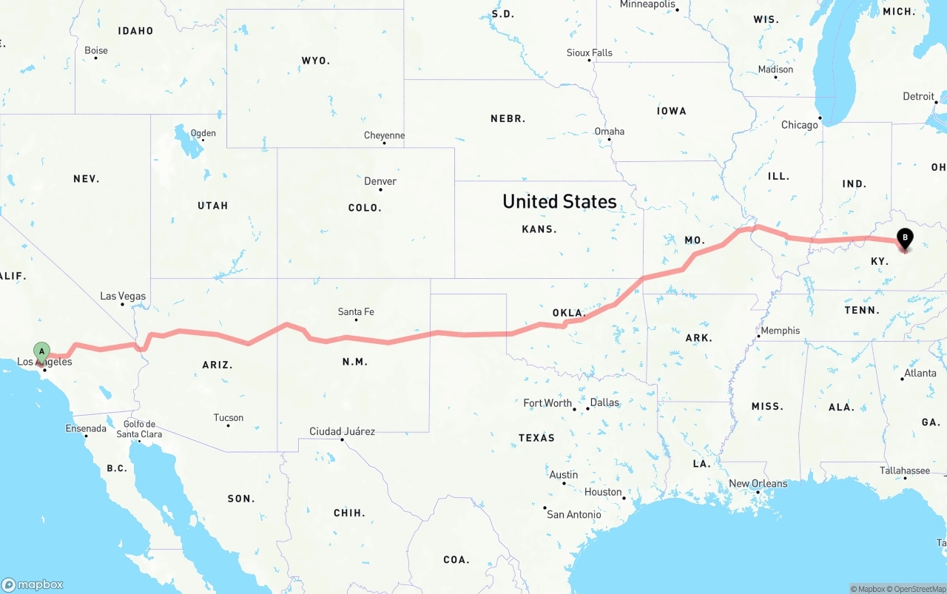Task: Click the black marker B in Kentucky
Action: tap(904, 238)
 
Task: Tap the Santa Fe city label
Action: tap(356, 311)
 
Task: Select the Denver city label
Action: tap(380, 181)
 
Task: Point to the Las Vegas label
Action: tap(123, 296)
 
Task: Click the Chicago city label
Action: tap(800, 125)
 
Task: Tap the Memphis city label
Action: tap(780, 331)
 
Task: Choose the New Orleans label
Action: tap(758, 484)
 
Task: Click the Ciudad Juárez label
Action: tap(342, 431)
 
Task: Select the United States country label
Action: tap(559, 201)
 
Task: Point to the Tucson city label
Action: tap(229, 418)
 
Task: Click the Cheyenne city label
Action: tap(385, 135)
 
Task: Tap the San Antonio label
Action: tap(574, 514)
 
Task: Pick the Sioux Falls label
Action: tap(590, 53)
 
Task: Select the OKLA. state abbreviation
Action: tap(569, 313)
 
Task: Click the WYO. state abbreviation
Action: tap(316, 61)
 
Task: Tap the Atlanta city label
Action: tap(920, 374)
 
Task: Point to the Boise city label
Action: tap(96, 50)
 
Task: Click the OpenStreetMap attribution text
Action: tap(918, 589)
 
